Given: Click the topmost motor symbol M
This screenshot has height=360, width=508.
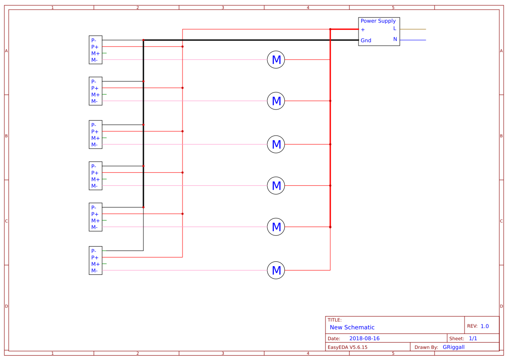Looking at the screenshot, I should pos(276,60).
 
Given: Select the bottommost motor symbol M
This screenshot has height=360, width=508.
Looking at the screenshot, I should pos(276,271).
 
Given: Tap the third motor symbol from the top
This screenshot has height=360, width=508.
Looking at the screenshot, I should pos(276,144).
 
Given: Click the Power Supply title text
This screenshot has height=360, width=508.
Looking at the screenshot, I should pos(378,21).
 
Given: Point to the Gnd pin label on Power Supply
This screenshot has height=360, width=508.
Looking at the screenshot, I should pos(366,40).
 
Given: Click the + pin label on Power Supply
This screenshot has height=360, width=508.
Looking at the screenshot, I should pos(363,30).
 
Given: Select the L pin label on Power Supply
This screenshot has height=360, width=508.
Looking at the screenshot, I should pos(395,28).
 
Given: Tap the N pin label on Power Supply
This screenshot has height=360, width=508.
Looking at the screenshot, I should pos(395,39).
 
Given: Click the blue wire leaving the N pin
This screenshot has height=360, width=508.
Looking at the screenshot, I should pos(413,40).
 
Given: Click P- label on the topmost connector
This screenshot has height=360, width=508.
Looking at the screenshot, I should pos(94,40).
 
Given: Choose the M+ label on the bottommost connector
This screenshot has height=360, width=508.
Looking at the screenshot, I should pos(95,264).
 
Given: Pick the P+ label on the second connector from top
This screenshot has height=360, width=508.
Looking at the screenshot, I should pos(95,88).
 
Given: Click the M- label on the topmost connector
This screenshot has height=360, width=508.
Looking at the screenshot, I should pos(94,60).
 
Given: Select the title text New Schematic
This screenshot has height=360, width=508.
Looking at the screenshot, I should pos(352,327).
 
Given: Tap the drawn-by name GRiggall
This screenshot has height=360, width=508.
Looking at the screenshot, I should pos(453,347).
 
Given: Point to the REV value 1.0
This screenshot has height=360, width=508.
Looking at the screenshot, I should pos(485,326).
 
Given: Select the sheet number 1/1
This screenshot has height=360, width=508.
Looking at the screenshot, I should pos(473,338).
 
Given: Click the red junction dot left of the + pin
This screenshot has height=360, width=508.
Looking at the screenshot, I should pos(330,29).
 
